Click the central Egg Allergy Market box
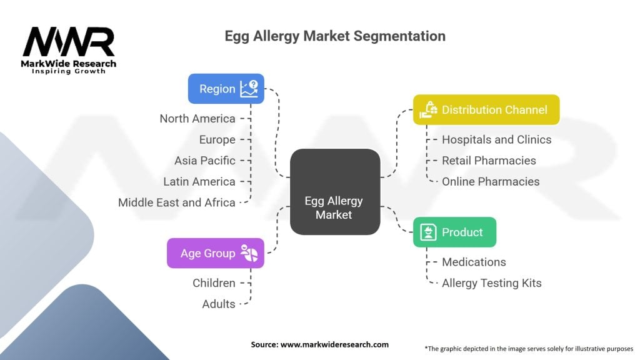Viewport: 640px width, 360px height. (335, 192)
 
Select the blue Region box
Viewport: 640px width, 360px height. (226, 89)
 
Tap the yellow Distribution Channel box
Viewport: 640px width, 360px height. (486, 109)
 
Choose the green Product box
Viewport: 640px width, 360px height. (454, 232)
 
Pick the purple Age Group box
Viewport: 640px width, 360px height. (216, 253)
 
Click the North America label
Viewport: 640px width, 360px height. (197, 119)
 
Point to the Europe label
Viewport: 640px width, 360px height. (217, 139)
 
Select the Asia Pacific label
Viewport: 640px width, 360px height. (205, 161)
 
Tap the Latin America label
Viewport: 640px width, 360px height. (199, 182)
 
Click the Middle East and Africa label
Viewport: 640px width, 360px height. (177, 202)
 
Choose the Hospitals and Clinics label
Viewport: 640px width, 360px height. (497, 139)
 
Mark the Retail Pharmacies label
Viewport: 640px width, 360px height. (489, 161)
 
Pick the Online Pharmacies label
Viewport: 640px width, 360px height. (491, 182)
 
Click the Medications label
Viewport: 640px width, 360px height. (474, 262)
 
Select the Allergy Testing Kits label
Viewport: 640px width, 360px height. (492, 283)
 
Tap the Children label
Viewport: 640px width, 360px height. (214, 283)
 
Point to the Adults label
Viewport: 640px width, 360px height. (219, 304)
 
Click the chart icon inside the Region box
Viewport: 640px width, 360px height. (249, 89)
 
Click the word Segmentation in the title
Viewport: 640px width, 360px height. (399, 36)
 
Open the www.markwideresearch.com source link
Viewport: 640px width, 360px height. (334, 344)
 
